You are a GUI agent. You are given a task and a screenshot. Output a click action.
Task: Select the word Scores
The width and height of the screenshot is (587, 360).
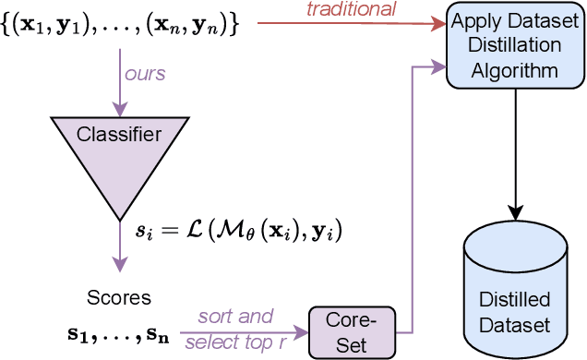(118, 297)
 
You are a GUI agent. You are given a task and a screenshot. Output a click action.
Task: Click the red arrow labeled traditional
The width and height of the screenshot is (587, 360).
(351, 24)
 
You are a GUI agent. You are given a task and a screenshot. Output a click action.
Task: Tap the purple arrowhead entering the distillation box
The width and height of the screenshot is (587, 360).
(438, 65)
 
